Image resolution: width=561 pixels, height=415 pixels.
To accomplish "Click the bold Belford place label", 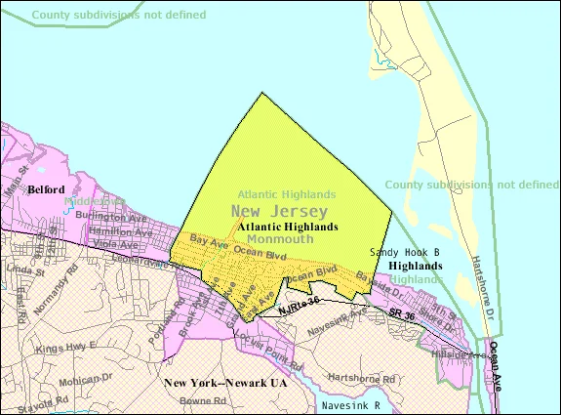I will (46, 188).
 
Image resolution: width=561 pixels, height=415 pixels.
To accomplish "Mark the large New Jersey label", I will (280, 211).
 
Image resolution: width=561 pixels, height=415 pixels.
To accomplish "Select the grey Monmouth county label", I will (279, 237).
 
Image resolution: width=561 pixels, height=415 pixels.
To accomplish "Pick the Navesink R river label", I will (357, 403).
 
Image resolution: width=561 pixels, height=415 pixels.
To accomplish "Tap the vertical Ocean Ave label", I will (495, 363).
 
